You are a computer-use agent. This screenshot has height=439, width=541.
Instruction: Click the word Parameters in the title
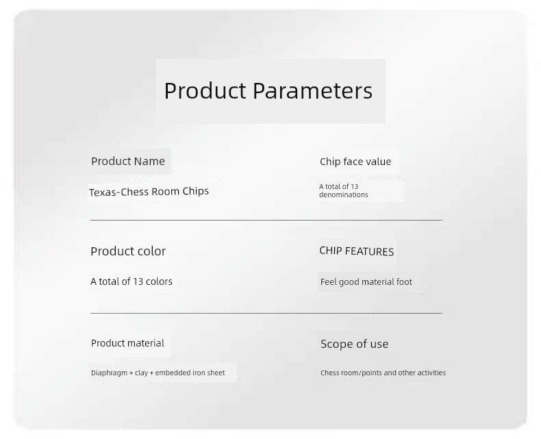click(312, 91)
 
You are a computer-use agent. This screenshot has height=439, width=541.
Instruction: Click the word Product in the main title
click(205, 91)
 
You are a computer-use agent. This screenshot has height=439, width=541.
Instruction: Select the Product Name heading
click(128, 161)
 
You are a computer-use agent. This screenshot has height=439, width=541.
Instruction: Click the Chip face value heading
click(355, 162)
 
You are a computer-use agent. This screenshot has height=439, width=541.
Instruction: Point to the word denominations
click(344, 195)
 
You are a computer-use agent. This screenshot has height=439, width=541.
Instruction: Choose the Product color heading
click(128, 251)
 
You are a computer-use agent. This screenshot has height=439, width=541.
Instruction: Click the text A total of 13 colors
click(131, 281)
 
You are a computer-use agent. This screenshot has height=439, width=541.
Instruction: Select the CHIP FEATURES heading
click(356, 251)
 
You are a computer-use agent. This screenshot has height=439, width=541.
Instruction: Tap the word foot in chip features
click(404, 282)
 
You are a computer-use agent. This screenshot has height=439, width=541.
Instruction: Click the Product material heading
click(127, 343)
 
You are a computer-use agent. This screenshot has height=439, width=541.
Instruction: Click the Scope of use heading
click(354, 344)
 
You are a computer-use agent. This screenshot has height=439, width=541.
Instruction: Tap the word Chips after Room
click(196, 191)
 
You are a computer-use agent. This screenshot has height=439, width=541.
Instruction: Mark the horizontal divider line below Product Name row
click(266, 220)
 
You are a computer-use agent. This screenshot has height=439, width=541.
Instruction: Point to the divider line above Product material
click(266, 314)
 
